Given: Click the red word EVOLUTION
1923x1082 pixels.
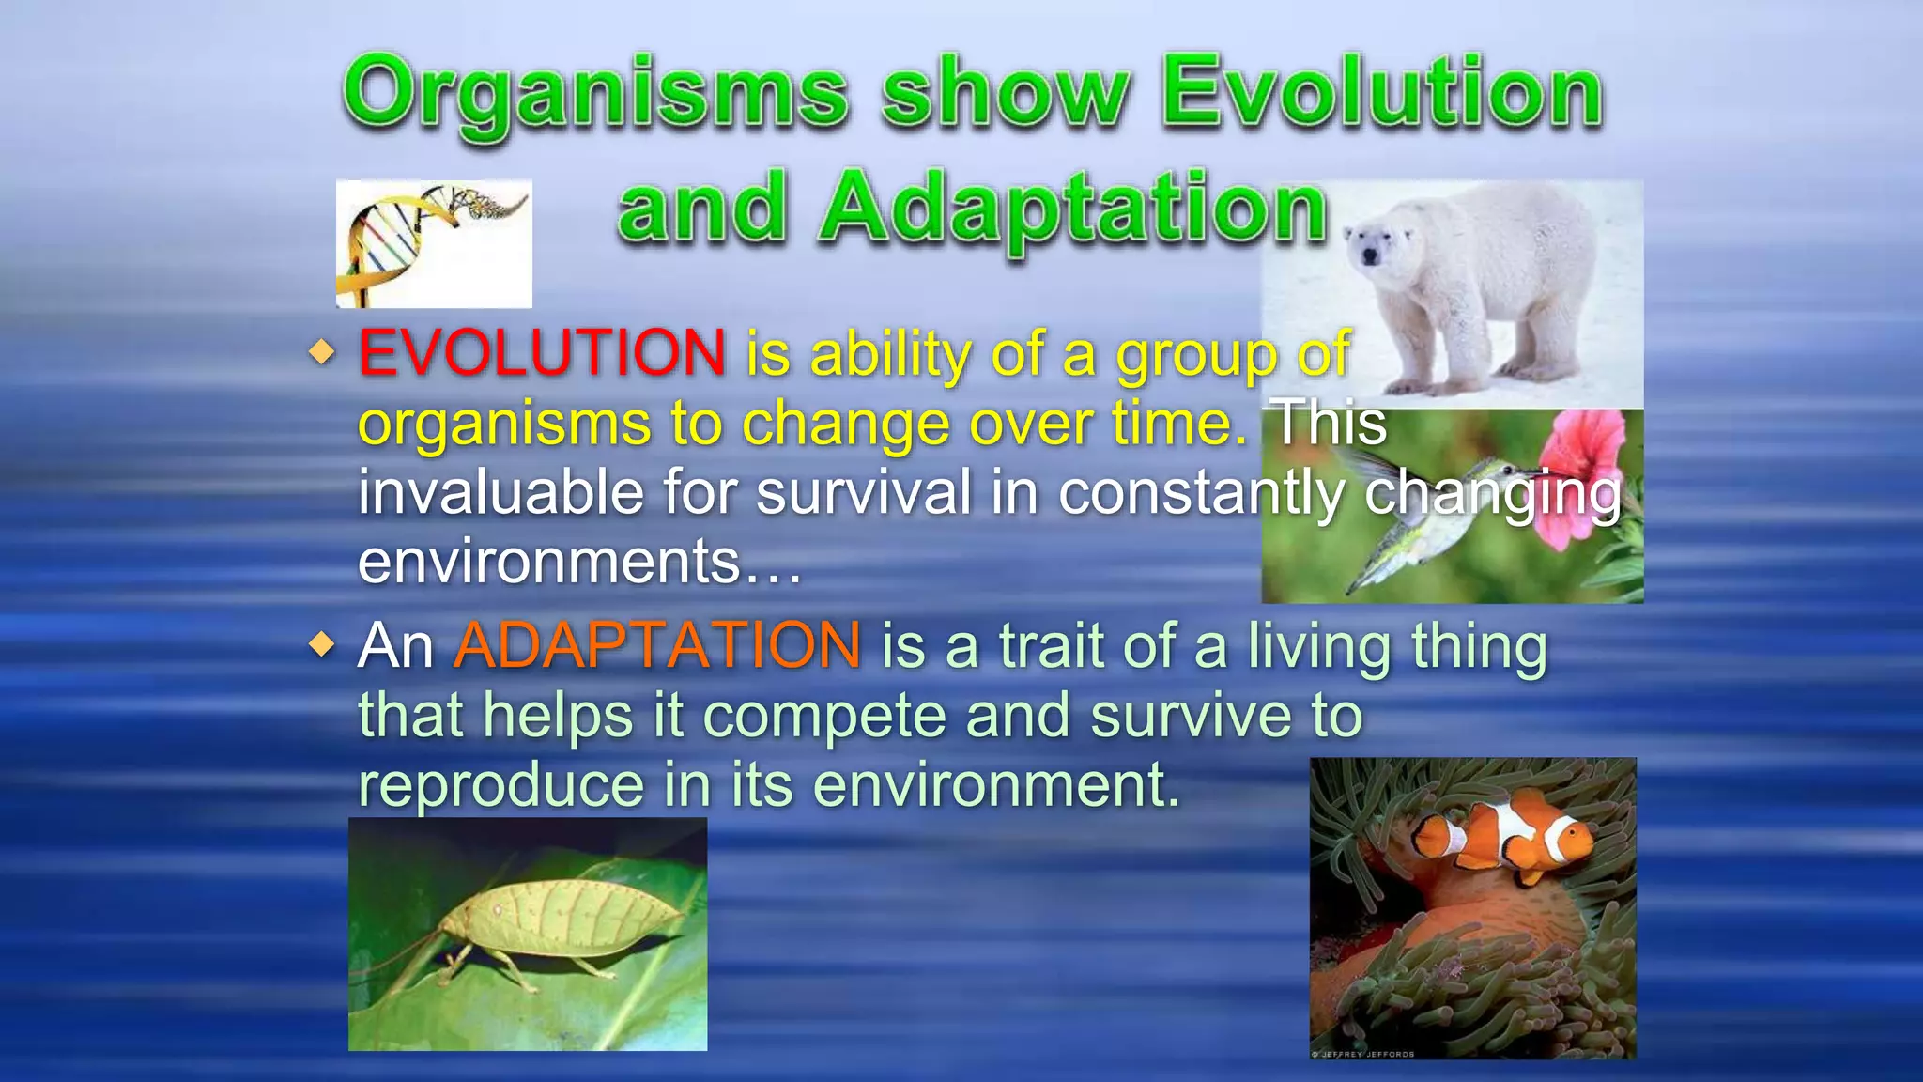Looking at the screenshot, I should tap(542, 353).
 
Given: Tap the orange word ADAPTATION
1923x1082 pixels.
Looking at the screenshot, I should tap(657, 645).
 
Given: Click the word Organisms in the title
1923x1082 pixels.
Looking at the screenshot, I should tap(595, 94).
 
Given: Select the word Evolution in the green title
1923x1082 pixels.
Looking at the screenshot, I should tap(1382, 94).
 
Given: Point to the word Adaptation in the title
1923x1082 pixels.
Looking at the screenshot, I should tap(1074, 209).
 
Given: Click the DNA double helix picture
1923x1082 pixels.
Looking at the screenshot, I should tap(434, 243).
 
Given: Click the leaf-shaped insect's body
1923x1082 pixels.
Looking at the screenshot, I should tap(563, 916).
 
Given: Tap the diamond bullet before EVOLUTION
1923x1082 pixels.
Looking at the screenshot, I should tap(322, 353).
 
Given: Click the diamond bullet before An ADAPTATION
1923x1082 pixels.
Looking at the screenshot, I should tap(322, 645).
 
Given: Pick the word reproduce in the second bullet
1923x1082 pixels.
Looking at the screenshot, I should tap(500, 785).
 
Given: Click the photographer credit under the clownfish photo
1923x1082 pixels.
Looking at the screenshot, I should tap(1363, 1055).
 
